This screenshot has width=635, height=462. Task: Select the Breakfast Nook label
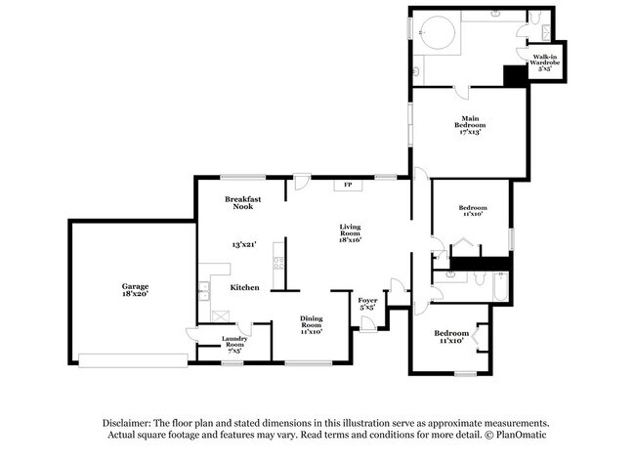pyautogui.click(x=242, y=202)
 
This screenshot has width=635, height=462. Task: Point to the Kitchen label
pyautogui.click(x=243, y=288)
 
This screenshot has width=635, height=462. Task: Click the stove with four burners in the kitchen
pyautogui.click(x=279, y=262)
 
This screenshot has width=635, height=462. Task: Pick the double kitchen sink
pyautogui.click(x=204, y=289)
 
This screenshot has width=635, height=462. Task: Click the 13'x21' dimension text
pyautogui.click(x=242, y=244)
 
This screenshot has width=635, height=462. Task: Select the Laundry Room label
pyautogui.click(x=234, y=342)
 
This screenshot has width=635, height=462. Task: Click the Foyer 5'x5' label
pyautogui.click(x=367, y=303)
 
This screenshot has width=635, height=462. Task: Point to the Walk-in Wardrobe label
pyautogui.click(x=544, y=63)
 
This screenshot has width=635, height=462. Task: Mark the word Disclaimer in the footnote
pyautogui.click(x=130, y=423)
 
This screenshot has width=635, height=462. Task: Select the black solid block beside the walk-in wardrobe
pyautogui.click(x=514, y=76)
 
